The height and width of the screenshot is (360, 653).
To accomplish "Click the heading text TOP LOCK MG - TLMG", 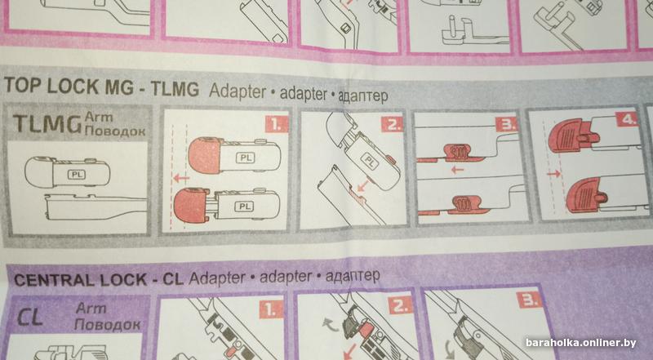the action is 101,87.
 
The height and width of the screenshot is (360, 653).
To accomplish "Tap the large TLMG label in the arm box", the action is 47,124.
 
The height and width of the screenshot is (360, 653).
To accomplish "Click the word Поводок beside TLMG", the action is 115,131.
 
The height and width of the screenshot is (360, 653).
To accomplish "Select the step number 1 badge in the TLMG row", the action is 277,124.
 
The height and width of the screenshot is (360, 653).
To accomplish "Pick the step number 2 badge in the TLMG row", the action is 393,124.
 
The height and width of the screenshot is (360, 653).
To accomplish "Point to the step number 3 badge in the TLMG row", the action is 506,124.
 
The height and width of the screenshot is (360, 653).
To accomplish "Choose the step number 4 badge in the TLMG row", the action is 627,119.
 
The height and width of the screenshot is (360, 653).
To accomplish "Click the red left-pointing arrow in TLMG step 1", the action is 180,178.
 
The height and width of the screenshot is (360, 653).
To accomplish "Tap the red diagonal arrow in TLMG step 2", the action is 364,184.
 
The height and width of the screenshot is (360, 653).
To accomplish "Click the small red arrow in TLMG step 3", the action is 457,170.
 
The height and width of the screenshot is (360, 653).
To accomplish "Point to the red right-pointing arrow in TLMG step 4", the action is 554,173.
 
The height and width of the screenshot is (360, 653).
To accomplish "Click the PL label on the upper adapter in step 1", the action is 246,158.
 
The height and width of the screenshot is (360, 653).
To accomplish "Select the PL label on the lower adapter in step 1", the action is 243,207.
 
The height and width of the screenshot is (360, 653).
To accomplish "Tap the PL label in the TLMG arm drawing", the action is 77,175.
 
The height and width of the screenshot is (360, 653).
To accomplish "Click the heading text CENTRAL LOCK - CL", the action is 99,279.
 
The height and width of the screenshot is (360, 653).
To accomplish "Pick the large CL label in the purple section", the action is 30,318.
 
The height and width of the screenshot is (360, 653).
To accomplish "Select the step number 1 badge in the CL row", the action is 271,309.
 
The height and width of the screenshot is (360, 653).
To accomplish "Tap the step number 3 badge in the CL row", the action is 529,300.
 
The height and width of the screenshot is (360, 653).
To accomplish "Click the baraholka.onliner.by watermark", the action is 581,343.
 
